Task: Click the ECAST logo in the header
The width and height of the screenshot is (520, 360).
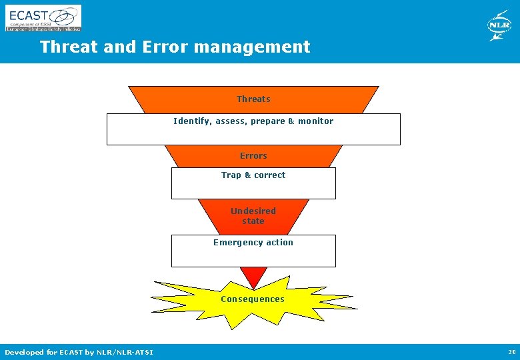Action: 43,18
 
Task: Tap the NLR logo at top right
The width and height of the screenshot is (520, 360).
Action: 499,26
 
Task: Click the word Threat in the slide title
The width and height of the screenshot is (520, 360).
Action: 65,47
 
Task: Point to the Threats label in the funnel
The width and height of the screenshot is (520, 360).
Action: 253,99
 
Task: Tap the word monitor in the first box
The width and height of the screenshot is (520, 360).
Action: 315,121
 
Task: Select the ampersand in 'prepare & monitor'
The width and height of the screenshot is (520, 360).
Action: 291,121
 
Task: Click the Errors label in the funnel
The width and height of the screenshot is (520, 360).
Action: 253,156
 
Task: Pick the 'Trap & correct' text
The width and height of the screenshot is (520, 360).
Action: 253,175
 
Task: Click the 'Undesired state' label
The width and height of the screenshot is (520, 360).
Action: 253,216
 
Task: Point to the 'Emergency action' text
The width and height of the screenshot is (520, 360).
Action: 253,243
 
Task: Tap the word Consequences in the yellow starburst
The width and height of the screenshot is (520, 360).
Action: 253,299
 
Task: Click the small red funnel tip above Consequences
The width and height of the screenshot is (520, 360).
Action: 253,275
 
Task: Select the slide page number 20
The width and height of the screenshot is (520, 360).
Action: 511,352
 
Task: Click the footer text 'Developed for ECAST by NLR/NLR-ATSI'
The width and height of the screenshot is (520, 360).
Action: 79,352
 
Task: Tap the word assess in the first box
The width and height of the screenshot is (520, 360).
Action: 231,121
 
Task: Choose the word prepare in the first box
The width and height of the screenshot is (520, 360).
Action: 267,121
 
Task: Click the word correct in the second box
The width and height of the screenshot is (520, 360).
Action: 269,175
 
